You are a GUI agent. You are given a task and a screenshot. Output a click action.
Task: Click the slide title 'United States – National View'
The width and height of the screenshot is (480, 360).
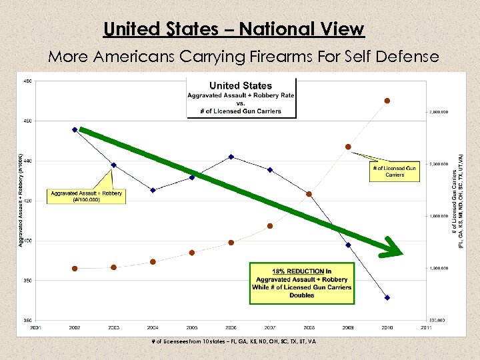(x=234, y=29)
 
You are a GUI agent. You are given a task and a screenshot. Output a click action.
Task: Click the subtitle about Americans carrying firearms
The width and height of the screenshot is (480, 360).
(x=243, y=57)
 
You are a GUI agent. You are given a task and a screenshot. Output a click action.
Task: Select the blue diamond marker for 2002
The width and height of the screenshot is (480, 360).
(x=75, y=129)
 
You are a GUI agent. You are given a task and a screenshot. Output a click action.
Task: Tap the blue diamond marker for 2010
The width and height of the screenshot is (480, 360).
(x=387, y=297)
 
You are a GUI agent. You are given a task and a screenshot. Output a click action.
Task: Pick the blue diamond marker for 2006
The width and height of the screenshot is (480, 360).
(x=231, y=157)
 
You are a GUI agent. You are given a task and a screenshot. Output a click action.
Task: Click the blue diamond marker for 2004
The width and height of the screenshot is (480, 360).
(x=153, y=190)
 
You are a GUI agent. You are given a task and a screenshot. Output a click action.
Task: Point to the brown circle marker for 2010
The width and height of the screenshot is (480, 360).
(x=387, y=101)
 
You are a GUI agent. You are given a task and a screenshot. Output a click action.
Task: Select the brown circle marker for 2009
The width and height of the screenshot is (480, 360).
(x=348, y=147)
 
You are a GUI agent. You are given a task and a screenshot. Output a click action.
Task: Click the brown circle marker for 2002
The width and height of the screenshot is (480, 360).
(x=75, y=269)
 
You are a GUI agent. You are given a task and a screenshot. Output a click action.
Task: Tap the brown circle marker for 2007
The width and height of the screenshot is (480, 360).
(x=270, y=226)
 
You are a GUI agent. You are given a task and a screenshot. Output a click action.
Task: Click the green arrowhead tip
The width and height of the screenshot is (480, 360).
(x=402, y=253)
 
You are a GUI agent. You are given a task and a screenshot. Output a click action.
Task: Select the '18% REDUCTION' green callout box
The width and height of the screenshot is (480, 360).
(x=301, y=283)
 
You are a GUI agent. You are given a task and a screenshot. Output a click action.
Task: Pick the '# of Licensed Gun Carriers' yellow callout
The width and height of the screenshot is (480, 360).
(x=395, y=171)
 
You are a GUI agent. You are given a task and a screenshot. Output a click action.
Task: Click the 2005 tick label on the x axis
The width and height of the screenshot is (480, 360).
(x=192, y=327)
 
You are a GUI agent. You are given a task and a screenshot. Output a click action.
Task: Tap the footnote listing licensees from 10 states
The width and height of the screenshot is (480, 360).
(x=234, y=341)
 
